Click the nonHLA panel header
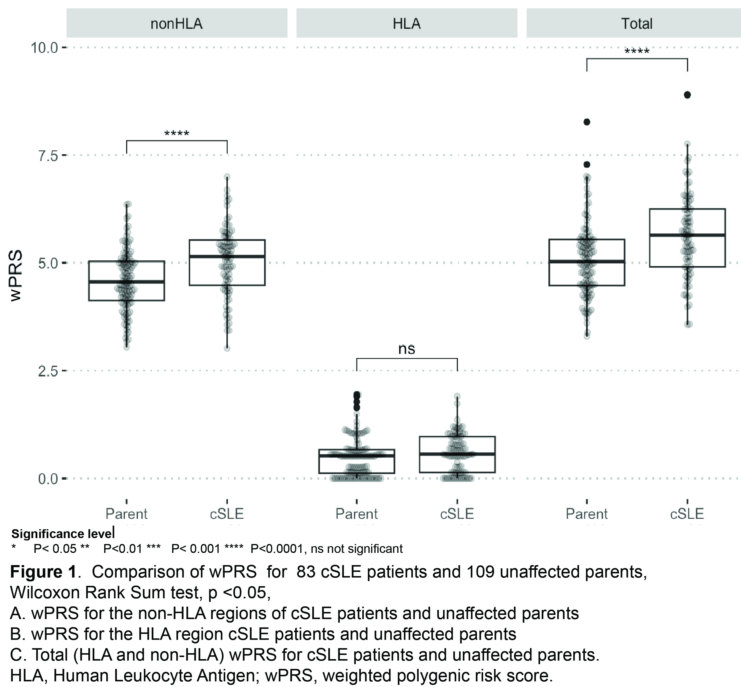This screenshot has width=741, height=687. pos(176,24)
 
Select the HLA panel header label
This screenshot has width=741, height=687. pos(407,24)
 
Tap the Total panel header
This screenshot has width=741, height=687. pos(637,24)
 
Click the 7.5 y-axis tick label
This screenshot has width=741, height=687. pos(48,155)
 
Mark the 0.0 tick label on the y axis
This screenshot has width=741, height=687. pos(48,479)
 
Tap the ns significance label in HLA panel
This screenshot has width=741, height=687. pos(407,349)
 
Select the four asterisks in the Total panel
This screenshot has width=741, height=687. pos(637,51)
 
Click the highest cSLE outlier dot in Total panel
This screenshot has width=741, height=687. pos(687,95)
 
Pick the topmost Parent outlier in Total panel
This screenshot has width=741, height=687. pos(587,122)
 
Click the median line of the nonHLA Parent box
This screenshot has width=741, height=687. pos(126,282)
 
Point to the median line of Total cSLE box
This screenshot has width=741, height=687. pos(687,235)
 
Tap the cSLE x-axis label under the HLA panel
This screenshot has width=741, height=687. pos(457,514)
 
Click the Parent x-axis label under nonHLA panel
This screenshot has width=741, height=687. pos(126,514)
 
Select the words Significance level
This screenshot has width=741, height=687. pos(63,534)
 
